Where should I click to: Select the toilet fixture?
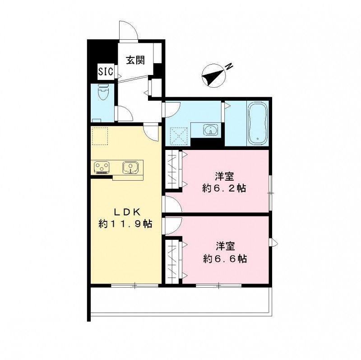103,93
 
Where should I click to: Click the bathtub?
258,122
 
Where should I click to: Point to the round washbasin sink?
210,131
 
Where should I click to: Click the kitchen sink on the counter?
130,168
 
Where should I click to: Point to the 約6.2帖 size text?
224,188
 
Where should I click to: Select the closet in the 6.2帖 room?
172,169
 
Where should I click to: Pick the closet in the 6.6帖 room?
172,261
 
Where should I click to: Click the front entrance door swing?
127,30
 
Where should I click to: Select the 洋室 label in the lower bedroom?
225,247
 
